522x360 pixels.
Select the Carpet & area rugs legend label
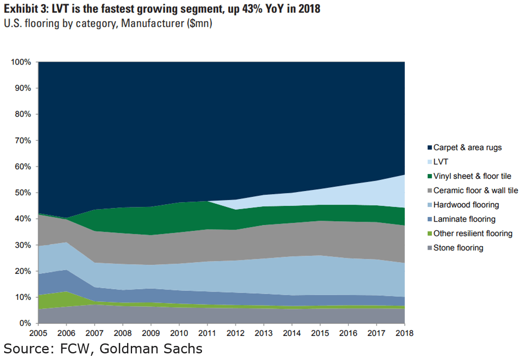[x=467, y=147]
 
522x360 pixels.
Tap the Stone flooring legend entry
[x=458, y=248]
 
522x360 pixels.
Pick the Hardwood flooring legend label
[x=466, y=205]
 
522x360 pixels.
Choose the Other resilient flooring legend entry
[x=473, y=234]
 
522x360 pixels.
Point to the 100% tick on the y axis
[x=21, y=62]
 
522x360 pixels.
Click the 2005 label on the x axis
[x=38, y=333]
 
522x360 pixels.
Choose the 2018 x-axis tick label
[x=404, y=333]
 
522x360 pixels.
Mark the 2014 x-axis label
[x=291, y=333]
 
